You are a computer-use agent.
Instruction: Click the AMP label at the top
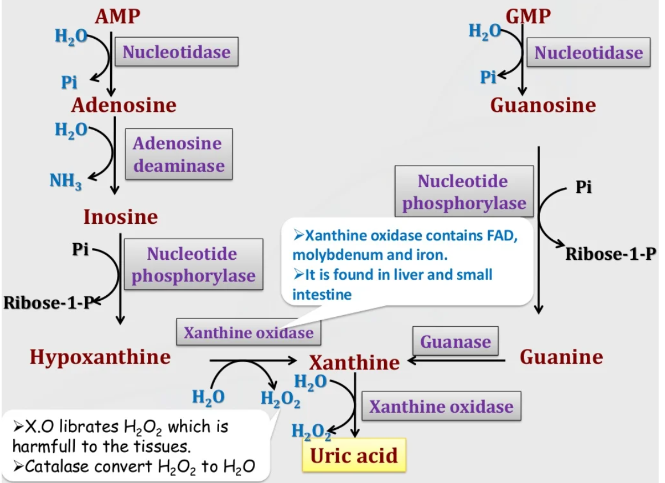click(x=117, y=17)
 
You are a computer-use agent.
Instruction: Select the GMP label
click(x=528, y=17)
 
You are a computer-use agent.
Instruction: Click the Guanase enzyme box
click(x=456, y=341)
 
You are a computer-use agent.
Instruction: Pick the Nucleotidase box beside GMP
click(x=588, y=53)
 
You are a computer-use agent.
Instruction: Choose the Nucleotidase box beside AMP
click(x=176, y=53)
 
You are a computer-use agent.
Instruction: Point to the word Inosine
click(x=120, y=217)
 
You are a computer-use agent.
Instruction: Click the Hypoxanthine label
click(x=100, y=357)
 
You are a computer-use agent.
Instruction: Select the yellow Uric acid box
click(x=354, y=456)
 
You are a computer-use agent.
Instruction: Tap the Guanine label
click(x=561, y=357)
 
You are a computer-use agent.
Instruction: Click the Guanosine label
click(x=543, y=105)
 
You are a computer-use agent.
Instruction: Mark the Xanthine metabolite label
click(x=354, y=363)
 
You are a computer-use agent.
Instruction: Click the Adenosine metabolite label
click(x=124, y=105)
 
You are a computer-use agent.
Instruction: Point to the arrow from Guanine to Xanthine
click(x=457, y=360)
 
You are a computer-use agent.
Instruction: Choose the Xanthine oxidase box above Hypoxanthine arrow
click(x=248, y=332)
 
